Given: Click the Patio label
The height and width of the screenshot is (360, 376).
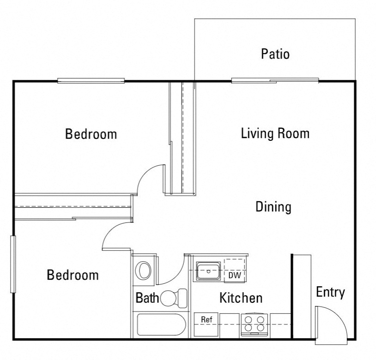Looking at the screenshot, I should point(275,54).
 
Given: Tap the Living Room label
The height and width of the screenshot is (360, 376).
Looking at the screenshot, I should point(275,134).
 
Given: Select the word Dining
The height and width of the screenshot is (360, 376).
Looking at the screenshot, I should point(273,207).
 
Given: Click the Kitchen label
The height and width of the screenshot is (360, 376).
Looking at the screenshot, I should point(241,298).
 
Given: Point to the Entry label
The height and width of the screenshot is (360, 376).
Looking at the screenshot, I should point(330,292).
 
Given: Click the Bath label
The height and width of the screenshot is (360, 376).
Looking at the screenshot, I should point(147,298).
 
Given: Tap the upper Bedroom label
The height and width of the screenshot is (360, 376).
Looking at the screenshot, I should point(91,134).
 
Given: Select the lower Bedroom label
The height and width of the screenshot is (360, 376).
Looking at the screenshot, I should point(73,275).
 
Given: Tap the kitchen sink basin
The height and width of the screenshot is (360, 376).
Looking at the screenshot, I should point(208,270).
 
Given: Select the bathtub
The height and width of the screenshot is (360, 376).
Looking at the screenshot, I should point(161,325).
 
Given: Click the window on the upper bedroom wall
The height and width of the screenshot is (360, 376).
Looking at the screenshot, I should point(91,81).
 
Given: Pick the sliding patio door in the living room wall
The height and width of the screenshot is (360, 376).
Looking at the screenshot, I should point(275,81).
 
